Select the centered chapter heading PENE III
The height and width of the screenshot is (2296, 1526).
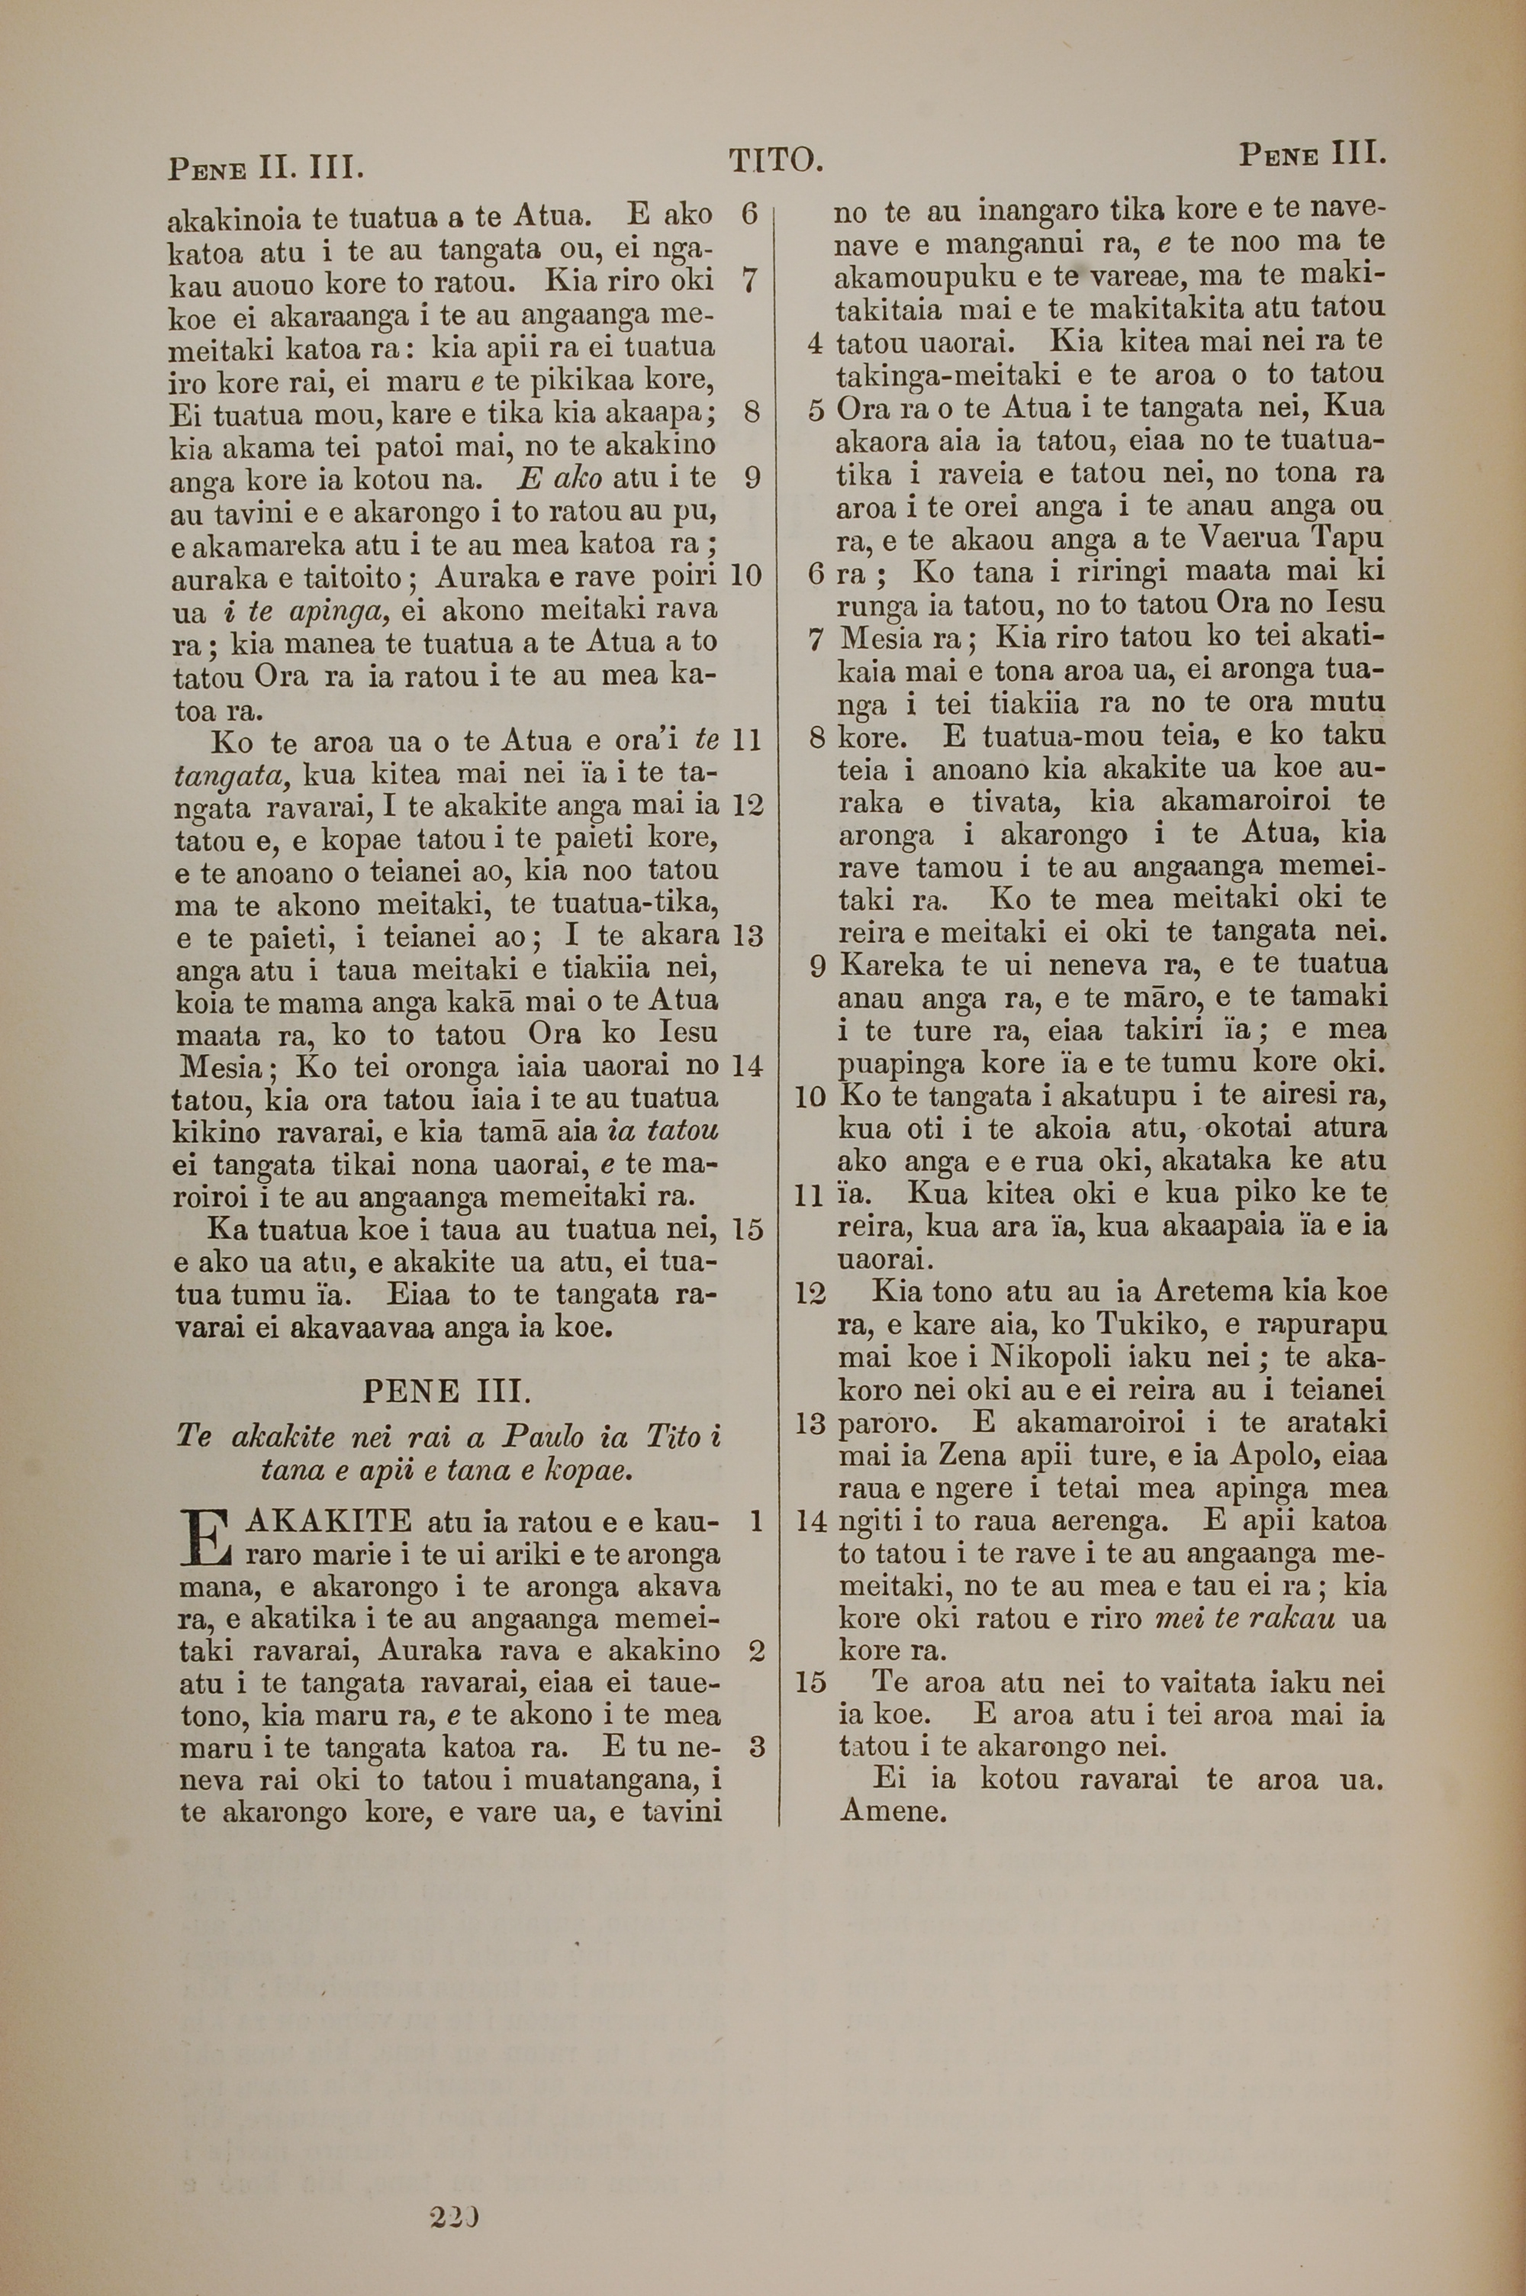click(x=446, y=1391)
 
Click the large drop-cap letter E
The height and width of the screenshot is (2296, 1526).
click(x=204, y=1539)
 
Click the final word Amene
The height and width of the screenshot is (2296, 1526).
click(x=893, y=1811)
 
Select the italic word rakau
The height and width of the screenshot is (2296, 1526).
click(x=1290, y=1619)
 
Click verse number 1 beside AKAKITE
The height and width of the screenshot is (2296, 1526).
click(x=755, y=1520)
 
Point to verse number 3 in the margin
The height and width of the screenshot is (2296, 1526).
click(x=756, y=1747)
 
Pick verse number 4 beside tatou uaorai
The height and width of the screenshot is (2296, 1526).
click(x=815, y=343)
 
